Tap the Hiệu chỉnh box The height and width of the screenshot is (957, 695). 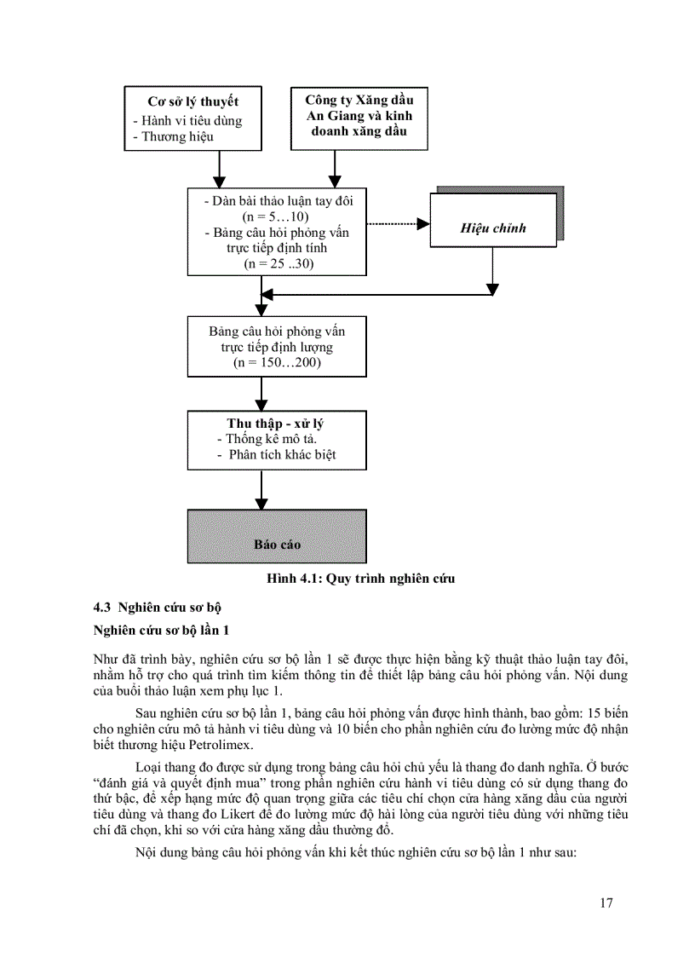(492, 228)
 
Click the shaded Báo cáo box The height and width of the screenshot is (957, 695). (277, 536)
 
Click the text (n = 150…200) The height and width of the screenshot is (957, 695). (276, 363)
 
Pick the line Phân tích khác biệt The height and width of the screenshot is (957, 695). (282, 454)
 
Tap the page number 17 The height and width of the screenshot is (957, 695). (606, 903)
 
